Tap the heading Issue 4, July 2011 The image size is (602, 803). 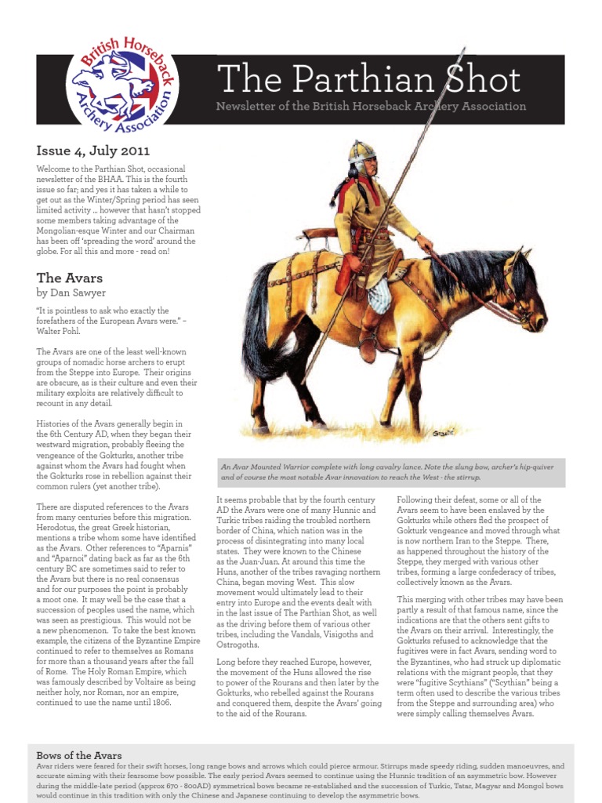point(92,150)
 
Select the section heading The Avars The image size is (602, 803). point(70,278)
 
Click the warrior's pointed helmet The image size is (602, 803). point(363,151)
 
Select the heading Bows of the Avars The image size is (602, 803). point(79,755)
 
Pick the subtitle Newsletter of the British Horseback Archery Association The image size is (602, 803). point(371,107)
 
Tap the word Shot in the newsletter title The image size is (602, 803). point(484,80)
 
